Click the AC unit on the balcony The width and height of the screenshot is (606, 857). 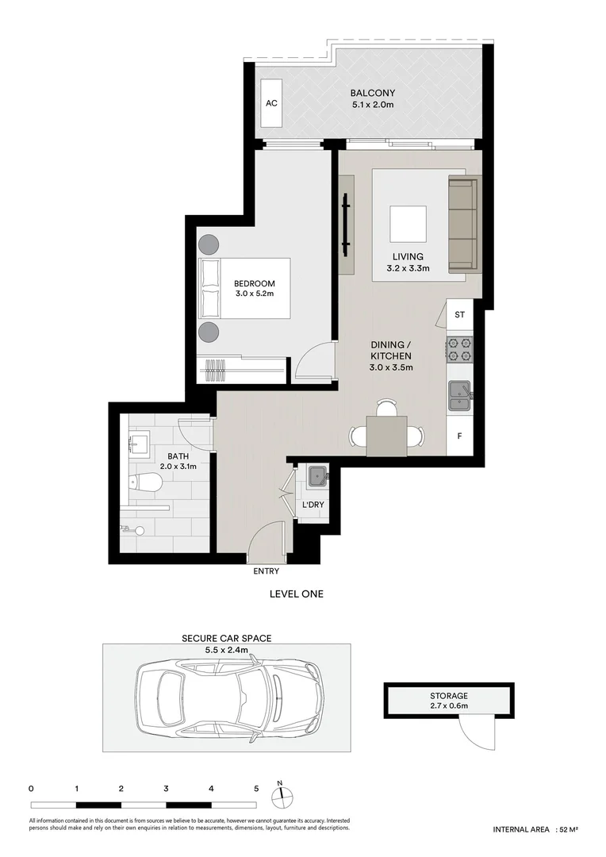[271, 104]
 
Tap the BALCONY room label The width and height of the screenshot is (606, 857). [373, 93]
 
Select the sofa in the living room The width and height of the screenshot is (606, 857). [462, 223]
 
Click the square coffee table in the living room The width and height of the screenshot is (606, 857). [408, 225]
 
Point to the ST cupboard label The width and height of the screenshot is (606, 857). [459, 315]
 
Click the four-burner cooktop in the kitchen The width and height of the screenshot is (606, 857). [459, 346]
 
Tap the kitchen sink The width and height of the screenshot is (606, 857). [458, 395]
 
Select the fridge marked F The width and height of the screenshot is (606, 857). [459, 436]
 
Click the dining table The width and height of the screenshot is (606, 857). [386, 436]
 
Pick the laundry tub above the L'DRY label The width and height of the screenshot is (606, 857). [318, 476]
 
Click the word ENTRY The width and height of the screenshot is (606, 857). [266, 571]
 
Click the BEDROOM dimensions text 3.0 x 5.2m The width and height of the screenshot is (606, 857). [254, 294]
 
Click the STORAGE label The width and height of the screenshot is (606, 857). [449, 695]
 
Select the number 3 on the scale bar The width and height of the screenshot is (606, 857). [166, 789]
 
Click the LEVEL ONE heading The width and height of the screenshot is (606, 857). [297, 594]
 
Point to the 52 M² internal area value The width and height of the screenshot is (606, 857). [567, 829]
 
